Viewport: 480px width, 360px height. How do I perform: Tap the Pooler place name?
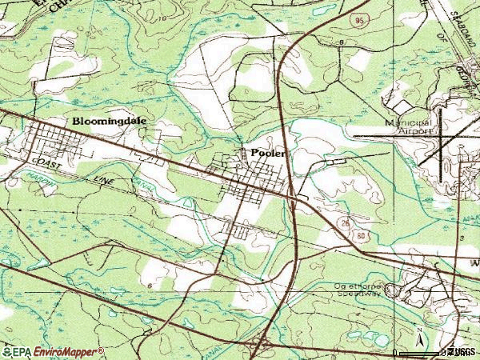click(267, 152)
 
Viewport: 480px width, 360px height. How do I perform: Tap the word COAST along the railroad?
click(50, 166)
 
